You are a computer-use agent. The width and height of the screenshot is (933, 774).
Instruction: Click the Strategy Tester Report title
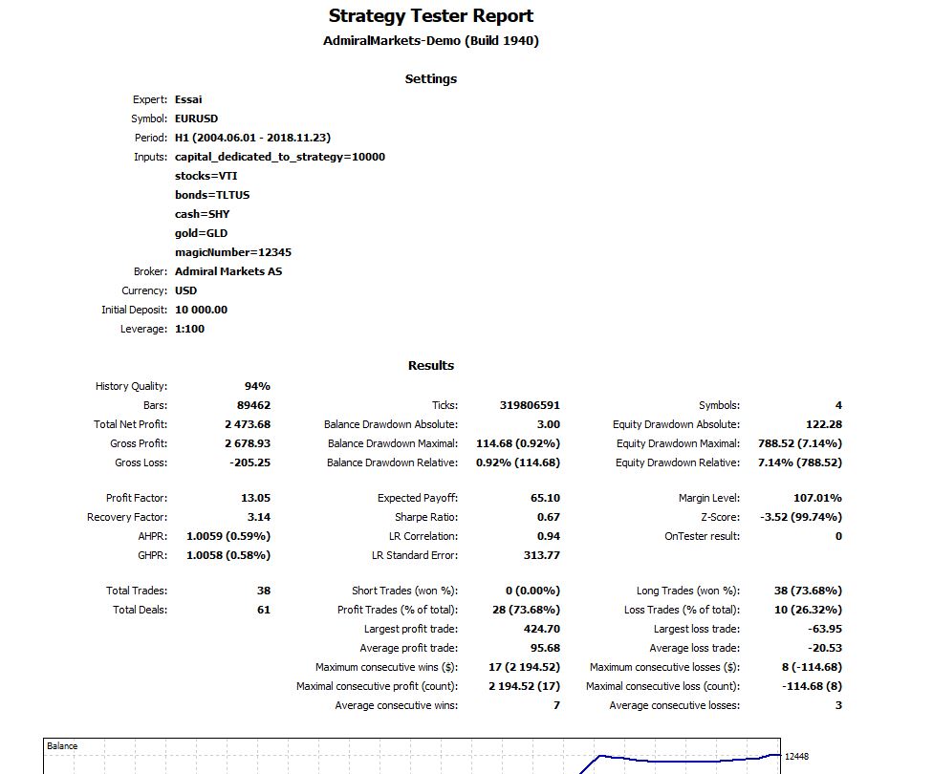coord(430,16)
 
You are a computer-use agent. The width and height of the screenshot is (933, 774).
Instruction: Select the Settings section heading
coord(430,79)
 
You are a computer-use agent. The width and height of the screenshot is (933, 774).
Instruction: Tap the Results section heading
coord(430,365)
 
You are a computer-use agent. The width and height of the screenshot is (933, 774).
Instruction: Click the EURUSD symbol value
coord(196,118)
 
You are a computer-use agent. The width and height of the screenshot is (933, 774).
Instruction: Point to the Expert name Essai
coord(188,99)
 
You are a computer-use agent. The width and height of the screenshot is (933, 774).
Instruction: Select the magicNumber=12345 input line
coord(233,252)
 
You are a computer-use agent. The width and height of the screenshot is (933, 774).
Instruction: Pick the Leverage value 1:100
coord(189,329)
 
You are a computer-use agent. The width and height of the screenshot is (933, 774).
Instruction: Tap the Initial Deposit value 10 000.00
coord(201,310)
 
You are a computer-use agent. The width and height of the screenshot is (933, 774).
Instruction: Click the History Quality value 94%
coord(257,386)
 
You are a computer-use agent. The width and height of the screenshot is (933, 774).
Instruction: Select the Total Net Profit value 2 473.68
coord(248,424)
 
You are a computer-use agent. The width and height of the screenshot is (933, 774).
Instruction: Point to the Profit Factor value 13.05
coord(255,498)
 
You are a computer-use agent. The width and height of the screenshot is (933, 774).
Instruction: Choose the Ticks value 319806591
coord(530,405)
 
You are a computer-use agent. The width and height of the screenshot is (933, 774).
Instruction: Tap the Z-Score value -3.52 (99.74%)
coord(800,517)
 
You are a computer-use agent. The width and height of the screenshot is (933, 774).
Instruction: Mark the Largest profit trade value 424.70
coord(541,629)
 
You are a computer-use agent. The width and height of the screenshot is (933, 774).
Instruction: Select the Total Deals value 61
coord(263,610)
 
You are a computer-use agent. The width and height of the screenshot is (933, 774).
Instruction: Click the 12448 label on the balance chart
coord(797,757)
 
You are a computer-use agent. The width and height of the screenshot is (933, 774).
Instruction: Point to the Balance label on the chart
coord(63,746)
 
